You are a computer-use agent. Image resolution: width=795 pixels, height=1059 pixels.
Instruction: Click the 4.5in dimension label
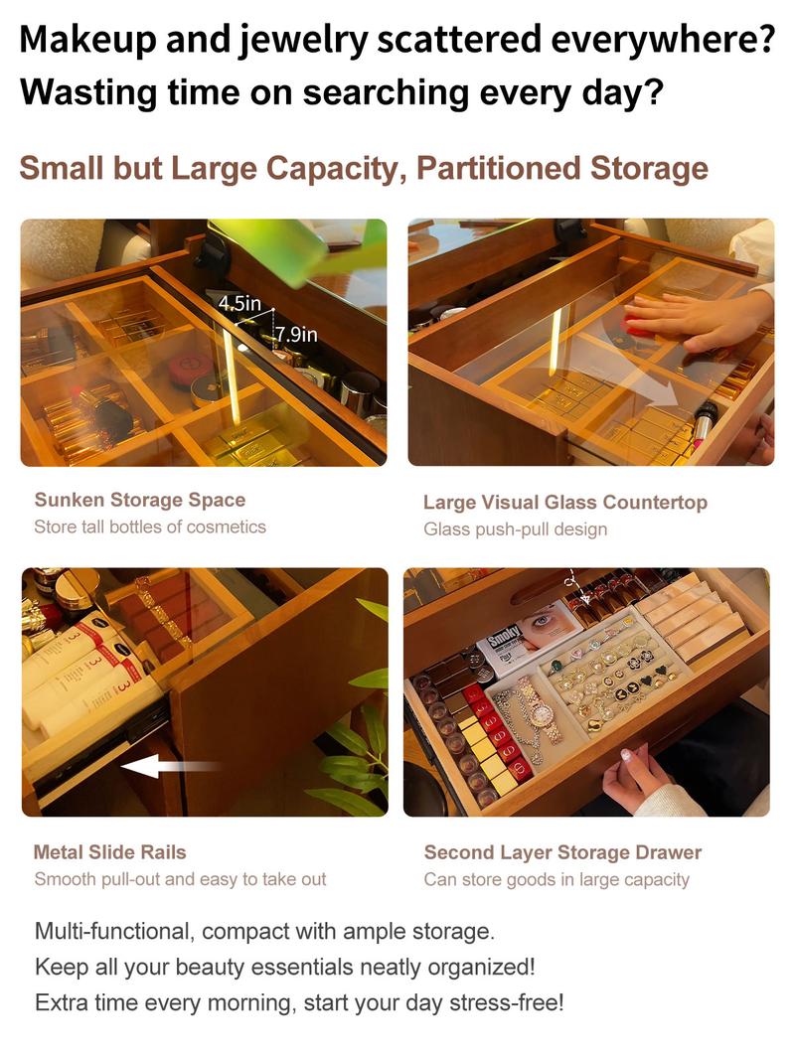point(239,304)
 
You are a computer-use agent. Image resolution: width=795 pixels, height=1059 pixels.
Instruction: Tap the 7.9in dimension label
point(295,335)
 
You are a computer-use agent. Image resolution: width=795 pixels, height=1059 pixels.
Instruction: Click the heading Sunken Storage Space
point(140,500)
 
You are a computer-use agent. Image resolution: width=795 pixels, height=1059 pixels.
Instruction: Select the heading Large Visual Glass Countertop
point(565,503)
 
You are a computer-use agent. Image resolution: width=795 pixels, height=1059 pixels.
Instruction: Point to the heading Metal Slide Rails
point(109,852)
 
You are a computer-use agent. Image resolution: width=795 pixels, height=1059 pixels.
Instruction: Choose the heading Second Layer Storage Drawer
point(562,852)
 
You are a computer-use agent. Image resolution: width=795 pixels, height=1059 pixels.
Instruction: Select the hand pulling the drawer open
point(632,777)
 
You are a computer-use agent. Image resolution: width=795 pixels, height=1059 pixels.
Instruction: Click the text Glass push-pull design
point(516,529)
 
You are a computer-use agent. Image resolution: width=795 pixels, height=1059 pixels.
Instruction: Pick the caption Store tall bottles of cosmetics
point(150,527)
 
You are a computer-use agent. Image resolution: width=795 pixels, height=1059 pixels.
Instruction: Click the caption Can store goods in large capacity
point(556,879)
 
